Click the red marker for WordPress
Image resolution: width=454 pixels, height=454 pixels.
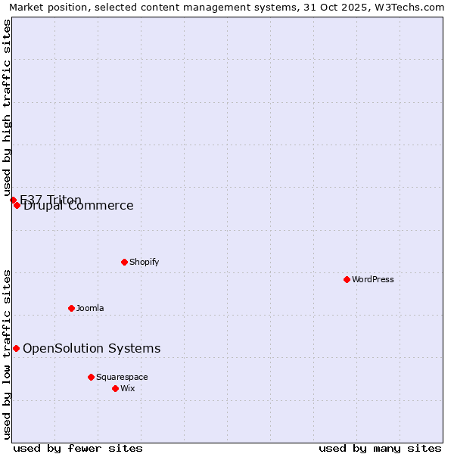(x=347, y=279)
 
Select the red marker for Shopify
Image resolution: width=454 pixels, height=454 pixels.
(x=125, y=262)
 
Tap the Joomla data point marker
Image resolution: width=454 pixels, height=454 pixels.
(x=72, y=308)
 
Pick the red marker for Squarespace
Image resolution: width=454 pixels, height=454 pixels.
(x=92, y=377)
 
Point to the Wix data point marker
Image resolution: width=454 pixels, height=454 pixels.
(x=116, y=388)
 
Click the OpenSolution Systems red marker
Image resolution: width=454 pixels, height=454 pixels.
(x=16, y=348)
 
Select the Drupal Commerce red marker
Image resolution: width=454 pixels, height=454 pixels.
(x=17, y=205)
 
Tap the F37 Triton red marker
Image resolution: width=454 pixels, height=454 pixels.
(x=13, y=200)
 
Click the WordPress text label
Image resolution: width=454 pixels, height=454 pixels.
(x=373, y=279)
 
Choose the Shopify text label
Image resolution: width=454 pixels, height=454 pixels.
(x=145, y=262)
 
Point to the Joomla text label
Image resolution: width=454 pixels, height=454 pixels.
(x=90, y=308)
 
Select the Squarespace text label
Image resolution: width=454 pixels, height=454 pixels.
(x=122, y=377)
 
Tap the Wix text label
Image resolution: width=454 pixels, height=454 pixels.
(x=128, y=388)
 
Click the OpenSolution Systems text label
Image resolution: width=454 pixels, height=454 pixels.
(x=92, y=348)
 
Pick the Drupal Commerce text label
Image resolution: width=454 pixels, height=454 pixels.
(x=79, y=206)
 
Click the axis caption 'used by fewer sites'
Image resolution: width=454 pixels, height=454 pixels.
(x=78, y=448)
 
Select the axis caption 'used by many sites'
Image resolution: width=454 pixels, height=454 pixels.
(x=380, y=448)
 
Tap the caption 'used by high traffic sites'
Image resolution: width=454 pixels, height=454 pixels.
(x=7, y=107)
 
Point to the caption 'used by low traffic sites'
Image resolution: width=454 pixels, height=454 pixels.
(x=7, y=354)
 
